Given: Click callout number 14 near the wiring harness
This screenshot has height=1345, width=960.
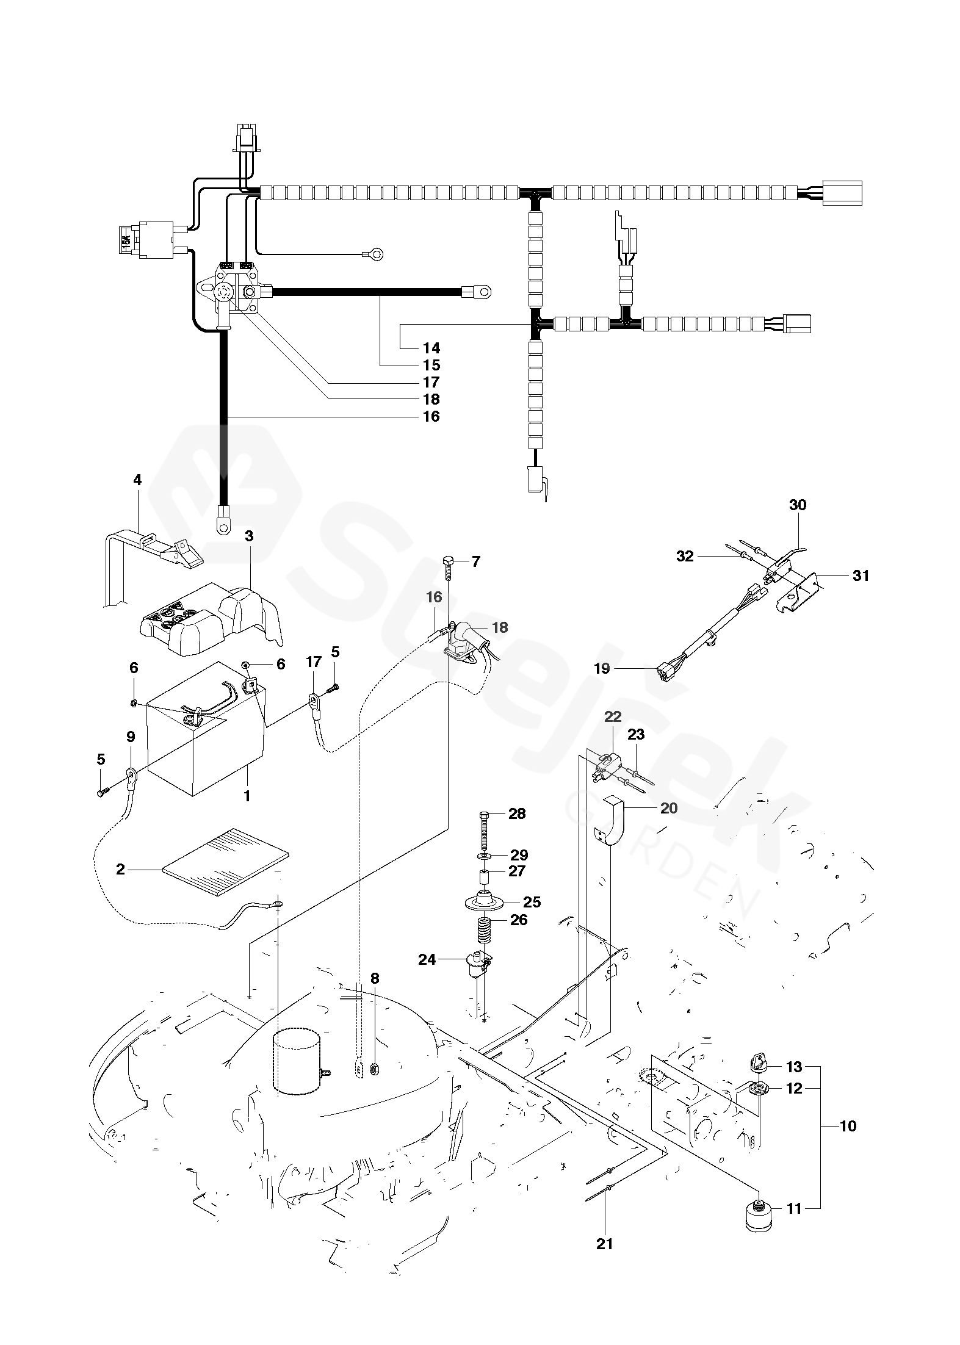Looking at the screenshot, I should coord(431,348).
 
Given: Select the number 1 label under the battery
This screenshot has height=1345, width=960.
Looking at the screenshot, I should coord(247,796).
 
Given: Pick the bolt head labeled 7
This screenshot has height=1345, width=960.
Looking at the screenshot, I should coord(447,561).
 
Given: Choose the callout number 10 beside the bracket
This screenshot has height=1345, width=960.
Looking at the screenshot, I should coord(848,1126).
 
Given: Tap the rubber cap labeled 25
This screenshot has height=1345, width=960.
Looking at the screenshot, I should coord(483,901).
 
